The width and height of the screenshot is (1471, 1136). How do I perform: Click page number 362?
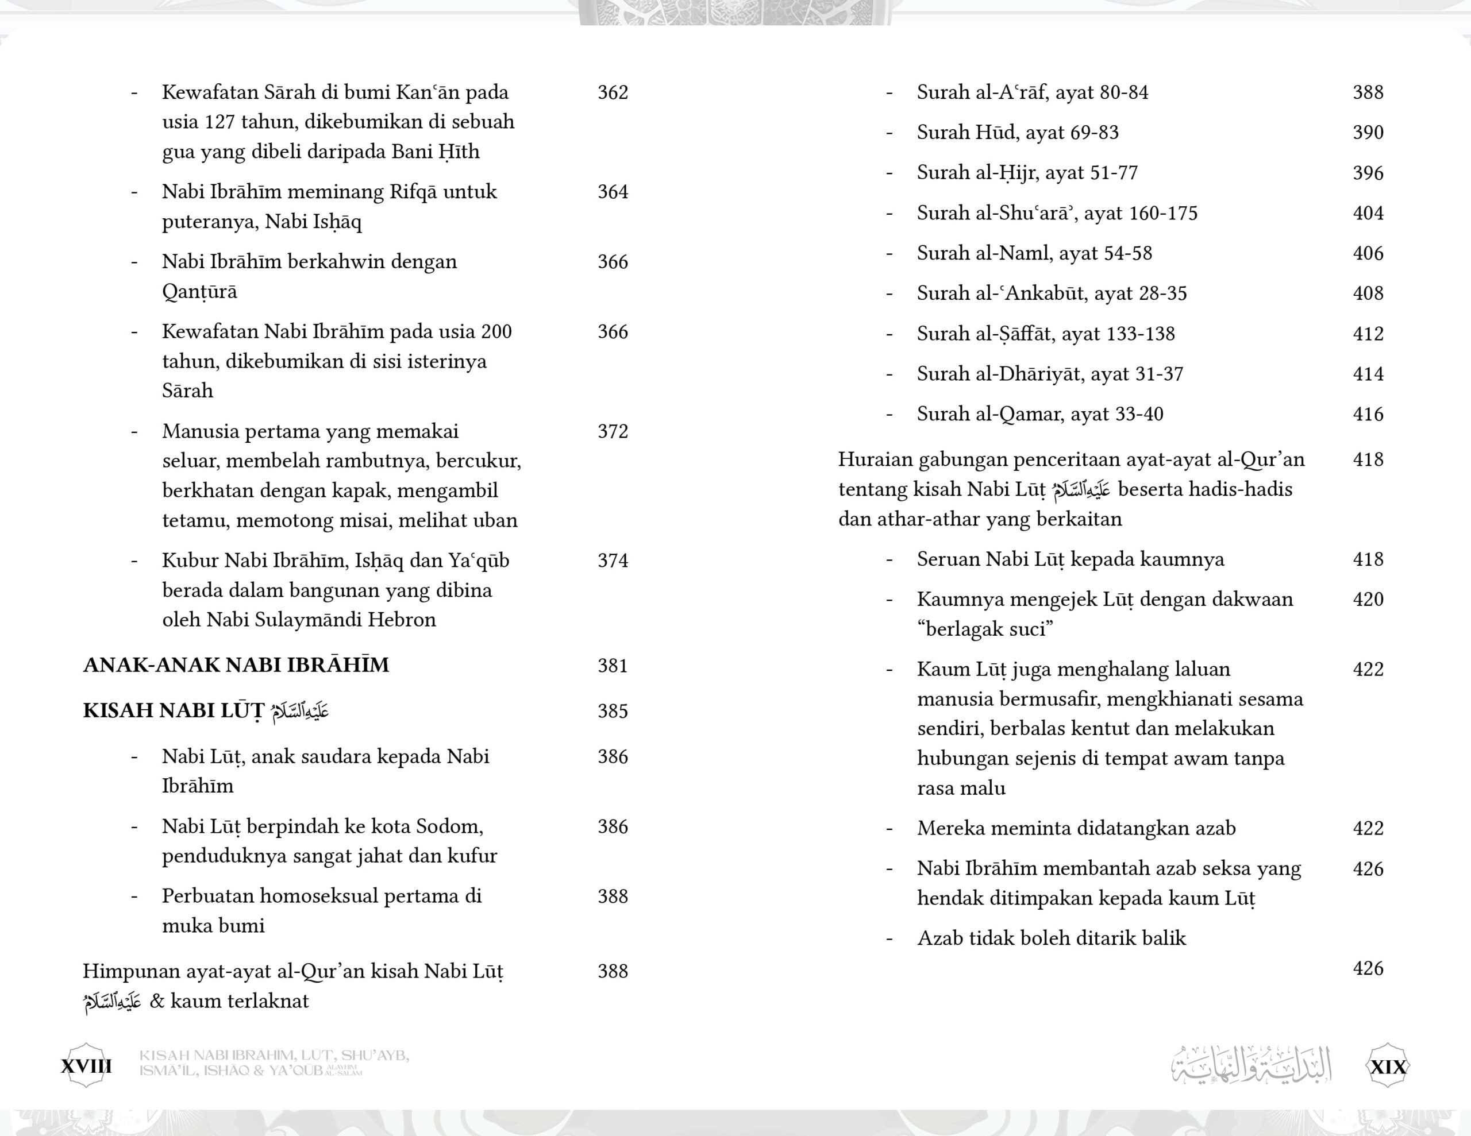pos(612,92)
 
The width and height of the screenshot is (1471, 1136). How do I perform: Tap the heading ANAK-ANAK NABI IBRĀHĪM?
pos(236,665)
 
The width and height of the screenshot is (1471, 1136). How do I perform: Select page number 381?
pos(612,666)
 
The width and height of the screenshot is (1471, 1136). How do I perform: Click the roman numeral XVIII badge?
pos(86,1066)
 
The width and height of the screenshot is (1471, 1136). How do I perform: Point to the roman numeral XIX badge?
pos(1388,1067)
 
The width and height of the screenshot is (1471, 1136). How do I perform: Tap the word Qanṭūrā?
pos(199,292)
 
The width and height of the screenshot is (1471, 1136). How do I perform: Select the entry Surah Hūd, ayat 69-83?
pos(1017,133)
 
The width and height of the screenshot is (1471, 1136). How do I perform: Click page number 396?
pos(1368,173)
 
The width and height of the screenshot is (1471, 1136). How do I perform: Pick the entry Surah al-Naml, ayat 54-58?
pos(1034,253)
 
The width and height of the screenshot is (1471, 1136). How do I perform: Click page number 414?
pos(1368,374)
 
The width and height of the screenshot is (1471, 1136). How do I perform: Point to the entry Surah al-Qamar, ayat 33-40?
pos(1039,414)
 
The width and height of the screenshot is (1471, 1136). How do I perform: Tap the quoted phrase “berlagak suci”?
pos(985,629)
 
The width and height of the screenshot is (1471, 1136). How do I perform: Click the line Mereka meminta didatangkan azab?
pos(1076,828)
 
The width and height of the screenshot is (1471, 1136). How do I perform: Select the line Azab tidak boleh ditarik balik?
pos(1051,938)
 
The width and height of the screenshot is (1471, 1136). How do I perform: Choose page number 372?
pos(612,432)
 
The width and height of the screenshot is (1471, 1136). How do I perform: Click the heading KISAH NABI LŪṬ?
pos(174,711)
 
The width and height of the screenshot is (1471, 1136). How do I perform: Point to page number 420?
pos(1368,600)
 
